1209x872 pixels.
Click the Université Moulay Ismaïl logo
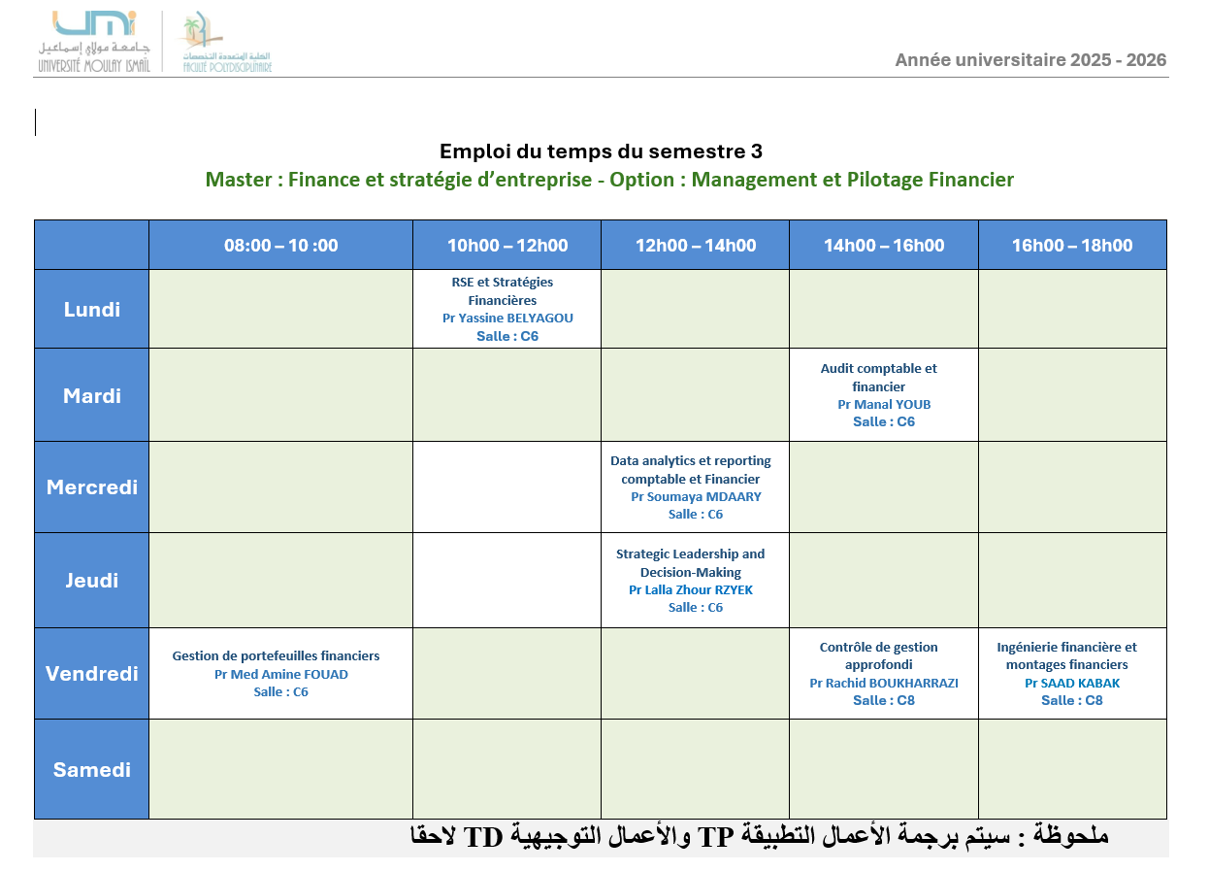pyautogui.click(x=94, y=42)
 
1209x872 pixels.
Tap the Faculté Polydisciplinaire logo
pyautogui.click(x=227, y=42)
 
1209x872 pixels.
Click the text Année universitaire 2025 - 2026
pyautogui.click(x=1030, y=59)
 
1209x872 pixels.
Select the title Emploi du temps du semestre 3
pyautogui.click(x=601, y=151)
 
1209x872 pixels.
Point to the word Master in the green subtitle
pyautogui.click(x=238, y=180)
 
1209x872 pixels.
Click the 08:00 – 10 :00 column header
pyautogui.click(x=280, y=246)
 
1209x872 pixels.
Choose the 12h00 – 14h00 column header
pyautogui.click(x=695, y=246)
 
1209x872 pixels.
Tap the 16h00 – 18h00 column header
pyautogui.click(x=1072, y=246)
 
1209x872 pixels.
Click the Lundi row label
pyautogui.click(x=92, y=310)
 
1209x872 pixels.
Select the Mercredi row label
pyautogui.click(x=92, y=487)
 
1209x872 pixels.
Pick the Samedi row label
pyautogui.click(x=92, y=770)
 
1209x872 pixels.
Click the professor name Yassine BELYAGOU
pyautogui.click(x=515, y=319)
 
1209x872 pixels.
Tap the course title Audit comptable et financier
pyautogui.click(x=879, y=378)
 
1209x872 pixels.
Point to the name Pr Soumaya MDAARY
pyautogui.click(x=696, y=496)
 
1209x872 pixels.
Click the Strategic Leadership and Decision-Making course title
pyautogui.click(x=690, y=563)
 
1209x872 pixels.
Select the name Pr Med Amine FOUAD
pyautogui.click(x=280, y=674)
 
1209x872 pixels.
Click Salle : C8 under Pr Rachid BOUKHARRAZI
pyautogui.click(x=884, y=700)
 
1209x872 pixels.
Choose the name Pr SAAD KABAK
pyautogui.click(x=1072, y=683)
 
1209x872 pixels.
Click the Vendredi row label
pyautogui.click(x=92, y=674)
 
